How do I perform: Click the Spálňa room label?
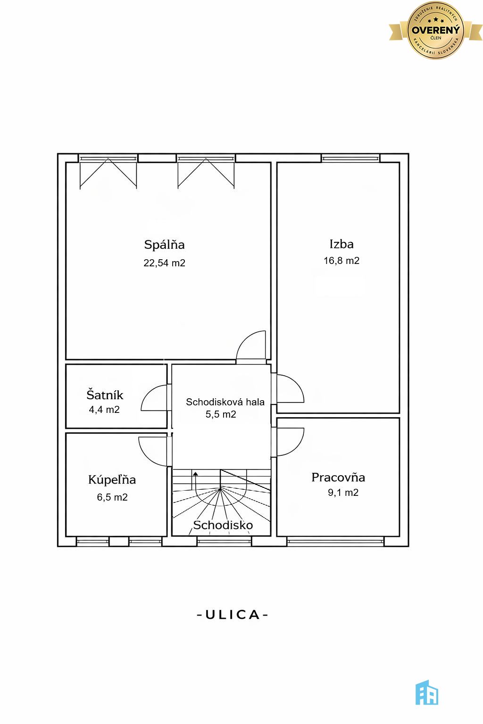164,245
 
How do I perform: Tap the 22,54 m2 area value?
164,263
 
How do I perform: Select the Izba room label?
341,244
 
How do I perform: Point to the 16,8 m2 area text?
341,261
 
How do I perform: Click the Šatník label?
105,395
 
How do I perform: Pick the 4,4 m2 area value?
104,410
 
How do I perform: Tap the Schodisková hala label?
225,402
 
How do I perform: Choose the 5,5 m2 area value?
221,414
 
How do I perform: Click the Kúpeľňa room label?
112,480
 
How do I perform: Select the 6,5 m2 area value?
112,497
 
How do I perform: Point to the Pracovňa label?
338,477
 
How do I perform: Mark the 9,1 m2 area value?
343,493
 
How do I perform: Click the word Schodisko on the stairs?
223,525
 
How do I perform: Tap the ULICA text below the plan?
233,615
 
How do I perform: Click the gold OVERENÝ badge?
435,30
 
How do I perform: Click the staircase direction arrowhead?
195,474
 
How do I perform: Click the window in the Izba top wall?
350,158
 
